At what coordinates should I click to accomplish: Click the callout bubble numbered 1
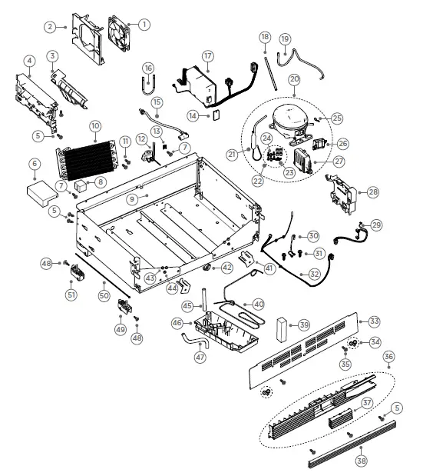[x=144, y=24]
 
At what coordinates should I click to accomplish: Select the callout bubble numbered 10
[x=95, y=125]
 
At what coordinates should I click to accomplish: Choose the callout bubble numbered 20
[x=293, y=78]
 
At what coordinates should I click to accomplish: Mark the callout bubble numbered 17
[x=207, y=55]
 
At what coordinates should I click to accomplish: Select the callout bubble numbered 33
[x=374, y=321]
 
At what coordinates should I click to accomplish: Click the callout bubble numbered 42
[x=227, y=268]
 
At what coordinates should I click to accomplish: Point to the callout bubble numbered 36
[x=388, y=357]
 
